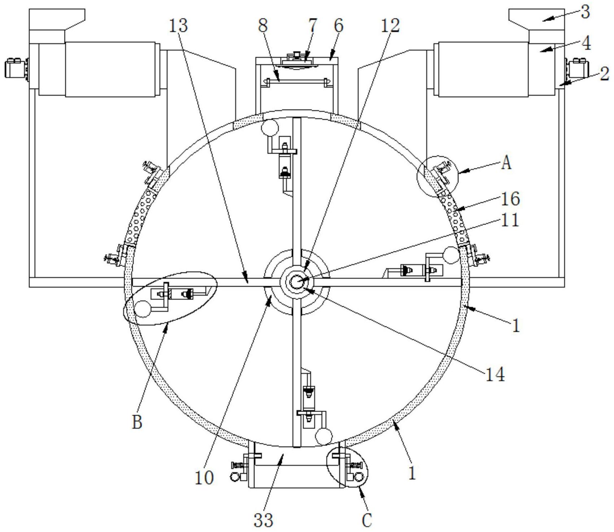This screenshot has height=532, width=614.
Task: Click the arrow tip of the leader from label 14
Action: [303, 288]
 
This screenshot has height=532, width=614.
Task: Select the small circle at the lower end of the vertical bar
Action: [323, 436]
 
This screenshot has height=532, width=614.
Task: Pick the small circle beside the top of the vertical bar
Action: [270, 128]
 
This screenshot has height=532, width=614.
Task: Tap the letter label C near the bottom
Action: [366, 520]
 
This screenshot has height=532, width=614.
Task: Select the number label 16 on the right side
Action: [510, 199]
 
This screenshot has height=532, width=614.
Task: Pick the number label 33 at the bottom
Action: [263, 520]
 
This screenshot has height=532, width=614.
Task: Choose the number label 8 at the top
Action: [263, 25]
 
